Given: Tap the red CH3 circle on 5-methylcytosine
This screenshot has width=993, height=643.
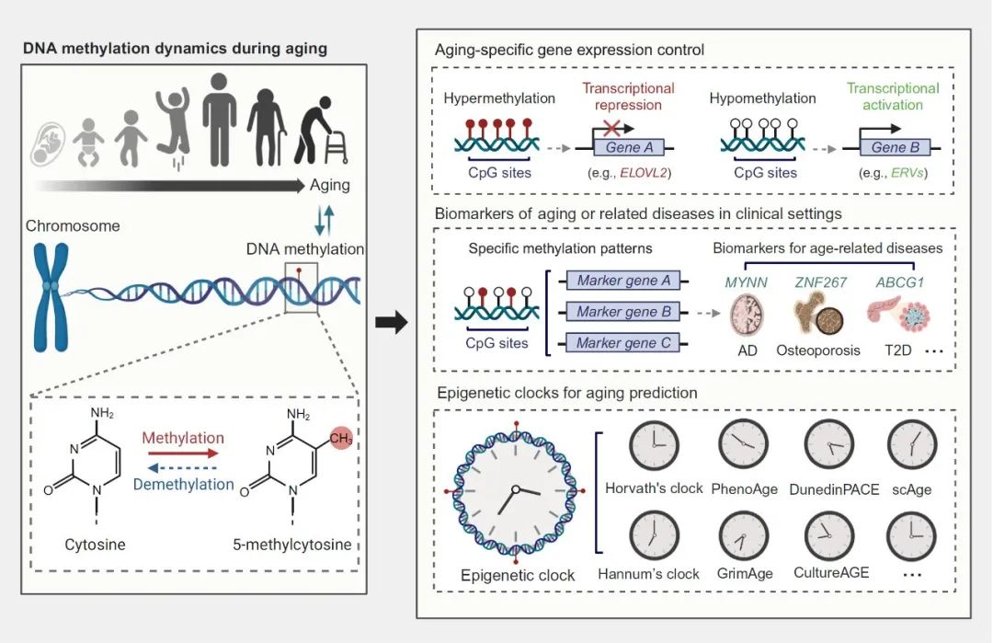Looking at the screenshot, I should [x=341, y=438].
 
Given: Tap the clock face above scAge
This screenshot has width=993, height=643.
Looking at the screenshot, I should [x=911, y=445].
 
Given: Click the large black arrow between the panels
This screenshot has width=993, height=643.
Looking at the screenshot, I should [x=393, y=323].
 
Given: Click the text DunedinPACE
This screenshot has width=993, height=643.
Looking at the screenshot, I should [x=834, y=489].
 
